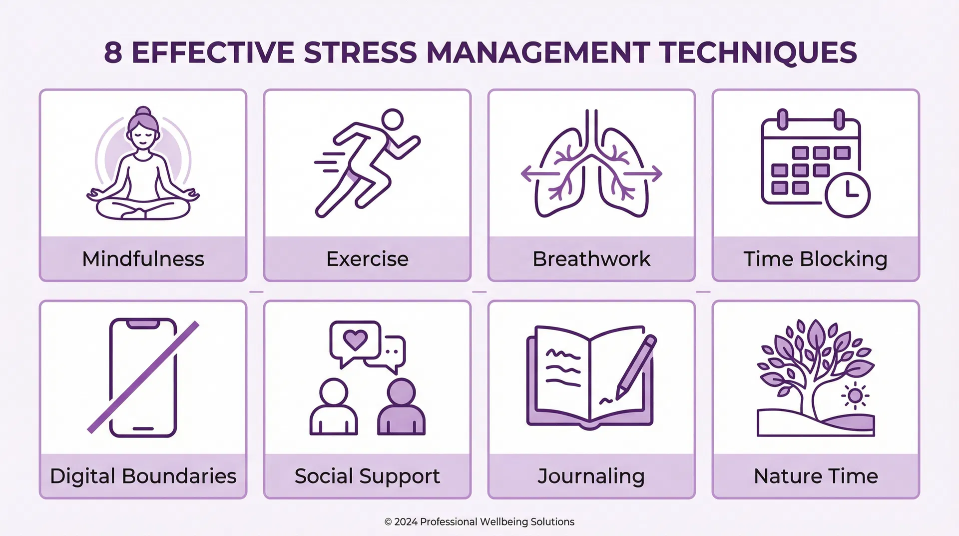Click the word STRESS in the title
tap(360, 53)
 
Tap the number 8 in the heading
tap(113, 53)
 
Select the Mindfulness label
tap(143, 259)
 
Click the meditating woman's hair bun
tap(143, 112)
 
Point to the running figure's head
tap(392, 120)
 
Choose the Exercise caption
tap(367, 259)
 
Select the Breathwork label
tap(591, 259)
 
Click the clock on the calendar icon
tap(848, 195)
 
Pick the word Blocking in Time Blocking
tap(844, 259)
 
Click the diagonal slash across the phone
tap(143, 377)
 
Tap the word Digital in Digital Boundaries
tap(82, 476)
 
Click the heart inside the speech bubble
tap(355, 340)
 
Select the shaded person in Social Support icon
tap(401, 407)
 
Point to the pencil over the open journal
tap(636, 367)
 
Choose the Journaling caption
tap(591, 476)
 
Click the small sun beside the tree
tap(855, 395)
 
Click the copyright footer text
tap(479, 521)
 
